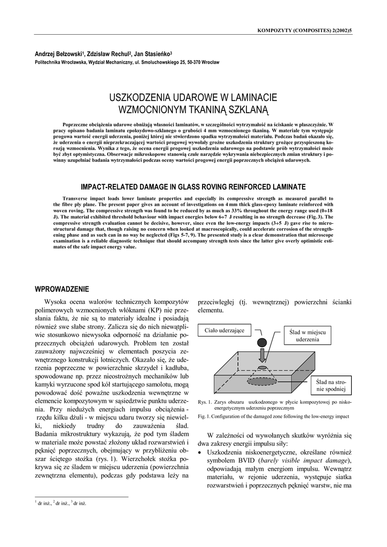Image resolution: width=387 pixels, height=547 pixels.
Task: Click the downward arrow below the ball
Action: pyautogui.click(x=262, y=355)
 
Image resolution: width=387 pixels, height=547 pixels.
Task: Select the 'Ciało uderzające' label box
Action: pyautogui.click(x=224, y=331)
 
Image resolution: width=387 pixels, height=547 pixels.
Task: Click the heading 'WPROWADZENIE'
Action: pyautogui.click(x=61, y=289)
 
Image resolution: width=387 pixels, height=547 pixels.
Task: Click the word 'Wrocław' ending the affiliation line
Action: pyautogui.click(x=208, y=62)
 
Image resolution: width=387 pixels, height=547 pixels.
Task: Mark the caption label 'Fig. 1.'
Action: pyautogui.click(x=204, y=416)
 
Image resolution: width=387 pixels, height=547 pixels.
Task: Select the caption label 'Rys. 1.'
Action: pyautogui.click(x=205, y=402)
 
